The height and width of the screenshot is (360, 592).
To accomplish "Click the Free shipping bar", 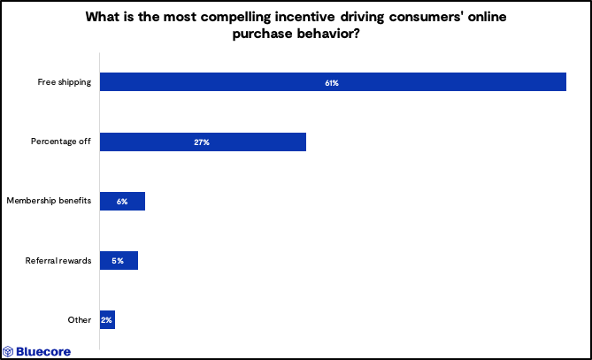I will pos(333,82).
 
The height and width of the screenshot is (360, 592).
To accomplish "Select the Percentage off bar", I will pos(203,142).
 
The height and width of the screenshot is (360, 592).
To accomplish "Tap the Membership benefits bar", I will pos(122,202).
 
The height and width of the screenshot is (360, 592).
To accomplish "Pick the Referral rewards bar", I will pos(119,261).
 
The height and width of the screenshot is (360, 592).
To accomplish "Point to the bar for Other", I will pos(107,320).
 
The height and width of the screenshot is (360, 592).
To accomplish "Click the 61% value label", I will pos(332,82).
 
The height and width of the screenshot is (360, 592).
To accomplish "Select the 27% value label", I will pos(202,142).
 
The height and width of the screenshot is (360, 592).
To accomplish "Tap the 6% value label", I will pos(122,202).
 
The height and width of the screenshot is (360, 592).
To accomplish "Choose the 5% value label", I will pos(119,261).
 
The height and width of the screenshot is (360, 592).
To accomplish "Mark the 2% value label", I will pos(106,320).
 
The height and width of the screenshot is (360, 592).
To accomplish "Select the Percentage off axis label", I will pos(61,142).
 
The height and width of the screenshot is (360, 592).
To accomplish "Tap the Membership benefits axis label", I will pos(49,202).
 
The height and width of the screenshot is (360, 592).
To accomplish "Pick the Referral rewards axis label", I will pos(58,261).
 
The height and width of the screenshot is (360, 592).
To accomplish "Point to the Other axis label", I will pos(79,320).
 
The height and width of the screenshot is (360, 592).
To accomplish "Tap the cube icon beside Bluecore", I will pos(9,351).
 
